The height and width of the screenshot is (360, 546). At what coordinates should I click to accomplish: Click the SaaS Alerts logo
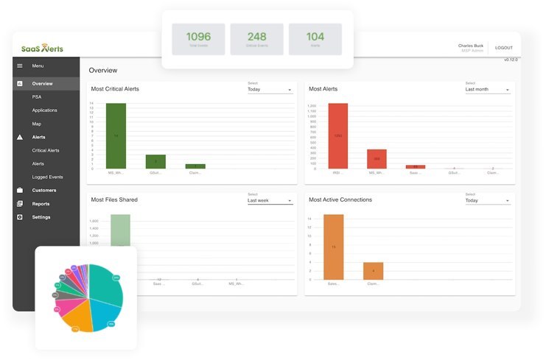coord(42,49)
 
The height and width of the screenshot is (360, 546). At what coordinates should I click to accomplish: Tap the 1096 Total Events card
coord(198,38)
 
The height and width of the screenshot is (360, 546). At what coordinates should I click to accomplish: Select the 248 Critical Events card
coord(256,38)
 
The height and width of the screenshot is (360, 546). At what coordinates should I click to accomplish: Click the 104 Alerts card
coord(315,38)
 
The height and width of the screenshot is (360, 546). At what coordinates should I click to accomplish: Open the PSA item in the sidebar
coord(37,96)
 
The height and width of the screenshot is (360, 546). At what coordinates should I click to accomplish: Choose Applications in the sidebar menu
coord(44,110)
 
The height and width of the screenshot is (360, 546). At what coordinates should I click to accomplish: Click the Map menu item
coord(37,124)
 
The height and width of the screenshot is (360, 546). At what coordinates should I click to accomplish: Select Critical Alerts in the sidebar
coord(46,150)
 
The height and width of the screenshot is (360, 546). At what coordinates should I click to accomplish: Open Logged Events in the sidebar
coord(47,177)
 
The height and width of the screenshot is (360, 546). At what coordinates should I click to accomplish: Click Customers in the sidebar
coord(44,190)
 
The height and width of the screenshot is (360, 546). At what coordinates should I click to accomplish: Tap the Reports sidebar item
coord(41,204)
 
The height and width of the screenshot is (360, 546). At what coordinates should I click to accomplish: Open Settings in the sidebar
coord(41,217)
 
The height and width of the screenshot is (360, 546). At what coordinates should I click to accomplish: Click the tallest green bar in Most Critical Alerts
coord(116,136)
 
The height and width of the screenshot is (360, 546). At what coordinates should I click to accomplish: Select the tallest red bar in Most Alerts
coord(337,136)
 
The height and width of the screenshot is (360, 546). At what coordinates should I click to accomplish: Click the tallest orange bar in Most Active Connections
coord(334,247)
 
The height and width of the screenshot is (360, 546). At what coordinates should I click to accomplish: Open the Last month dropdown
coord(487,89)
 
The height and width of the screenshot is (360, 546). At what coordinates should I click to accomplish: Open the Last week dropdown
coord(270,200)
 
